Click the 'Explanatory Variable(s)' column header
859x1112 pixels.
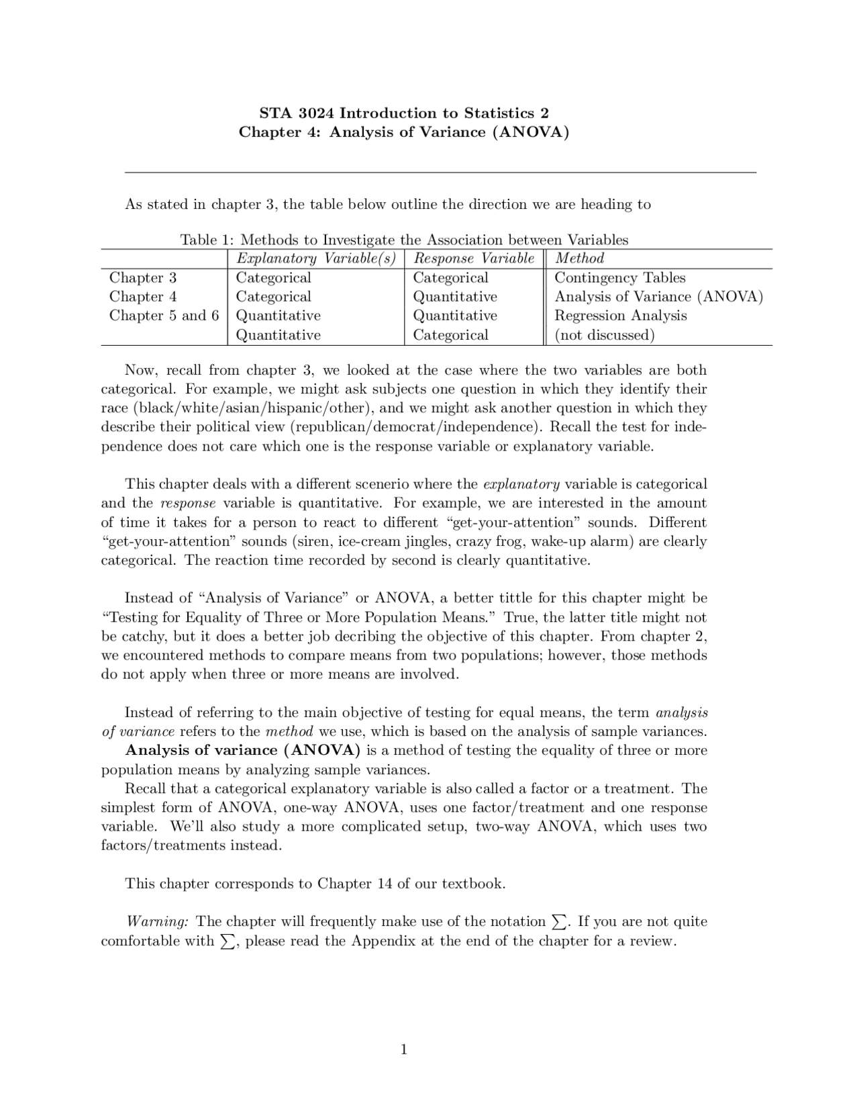tap(315, 259)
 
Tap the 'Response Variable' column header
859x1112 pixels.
tap(474, 259)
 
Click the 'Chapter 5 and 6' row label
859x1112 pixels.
tap(164, 316)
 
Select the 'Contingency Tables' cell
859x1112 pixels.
tap(619, 278)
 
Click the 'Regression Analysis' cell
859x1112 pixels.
tap(620, 316)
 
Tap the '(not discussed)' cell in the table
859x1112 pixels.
tap(604, 335)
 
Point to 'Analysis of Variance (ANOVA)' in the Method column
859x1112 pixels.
tap(658, 297)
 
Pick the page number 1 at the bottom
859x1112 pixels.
tap(404, 1050)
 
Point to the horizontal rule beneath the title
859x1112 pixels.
tap(440, 173)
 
